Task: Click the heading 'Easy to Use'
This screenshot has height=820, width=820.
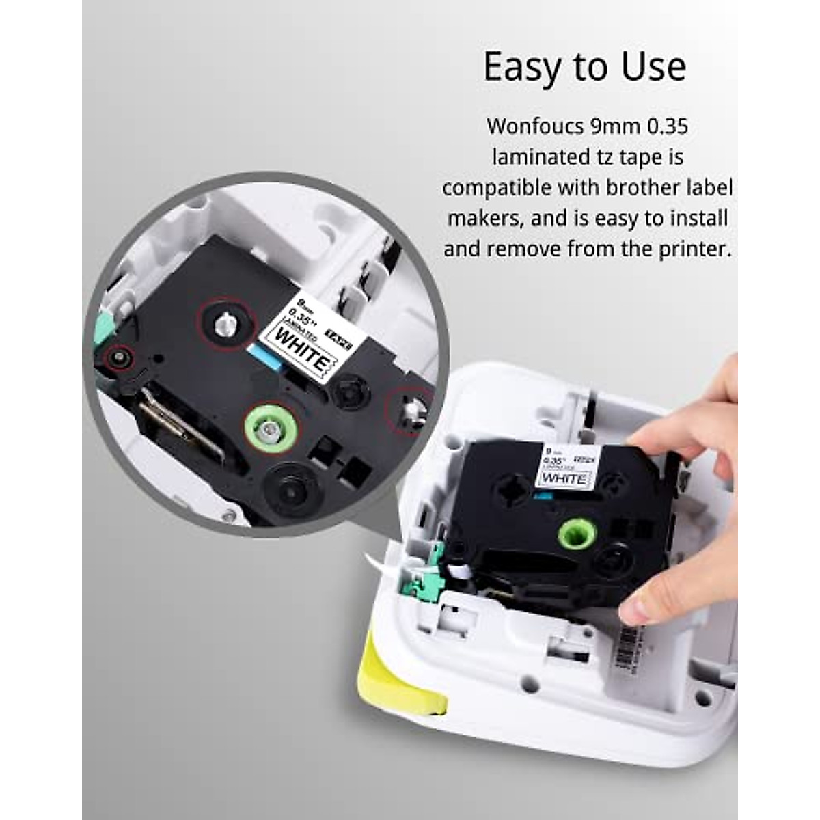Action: coord(584,67)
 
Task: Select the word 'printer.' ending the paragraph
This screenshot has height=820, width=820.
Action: coord(698,248)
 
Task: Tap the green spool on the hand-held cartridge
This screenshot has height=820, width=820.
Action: coord(577,533)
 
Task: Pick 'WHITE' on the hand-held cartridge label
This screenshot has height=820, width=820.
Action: coord(563,478)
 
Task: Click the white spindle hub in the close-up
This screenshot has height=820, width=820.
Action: coord(225,323)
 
